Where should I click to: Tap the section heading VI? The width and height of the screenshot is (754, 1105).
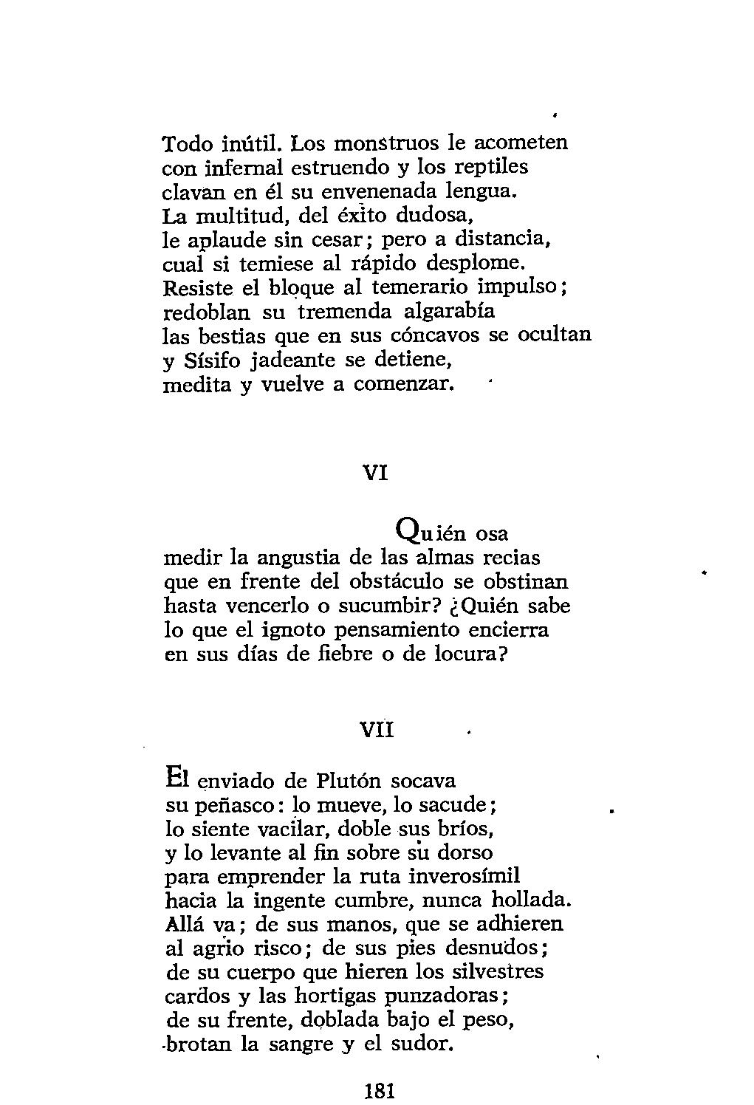point(377,472)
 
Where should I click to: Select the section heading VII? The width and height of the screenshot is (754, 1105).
point(377,730)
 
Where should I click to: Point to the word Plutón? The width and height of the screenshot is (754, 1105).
point(346,780)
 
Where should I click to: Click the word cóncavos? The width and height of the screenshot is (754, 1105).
point(428,335)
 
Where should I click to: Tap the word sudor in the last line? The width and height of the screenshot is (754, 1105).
point(414,1044)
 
